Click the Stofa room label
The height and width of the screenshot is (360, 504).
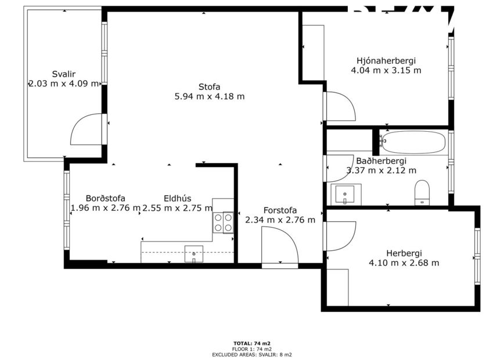[210, 87]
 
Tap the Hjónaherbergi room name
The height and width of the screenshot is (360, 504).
[386, 60]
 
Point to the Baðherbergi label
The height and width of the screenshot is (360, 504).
[381, 161]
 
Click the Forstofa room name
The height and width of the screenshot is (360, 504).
[280, 210]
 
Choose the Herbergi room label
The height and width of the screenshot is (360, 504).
[404, 253]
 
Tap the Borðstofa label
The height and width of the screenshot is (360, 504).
[105, 198]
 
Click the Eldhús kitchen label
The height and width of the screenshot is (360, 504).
[177, 198]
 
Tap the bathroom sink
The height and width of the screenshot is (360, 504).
[345, 194]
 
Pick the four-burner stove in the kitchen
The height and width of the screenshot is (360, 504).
[223, 222]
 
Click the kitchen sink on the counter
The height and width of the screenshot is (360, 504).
[194, 253]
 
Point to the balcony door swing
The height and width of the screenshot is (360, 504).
[87, 130]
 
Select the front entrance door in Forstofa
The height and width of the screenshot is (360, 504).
[280, 246]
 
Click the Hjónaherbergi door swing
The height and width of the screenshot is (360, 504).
[341, 107]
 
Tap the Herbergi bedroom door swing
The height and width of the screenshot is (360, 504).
[341, 236]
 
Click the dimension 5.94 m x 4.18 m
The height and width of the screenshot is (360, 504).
[210, 96]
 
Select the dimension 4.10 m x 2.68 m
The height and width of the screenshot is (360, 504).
[404, 263]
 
